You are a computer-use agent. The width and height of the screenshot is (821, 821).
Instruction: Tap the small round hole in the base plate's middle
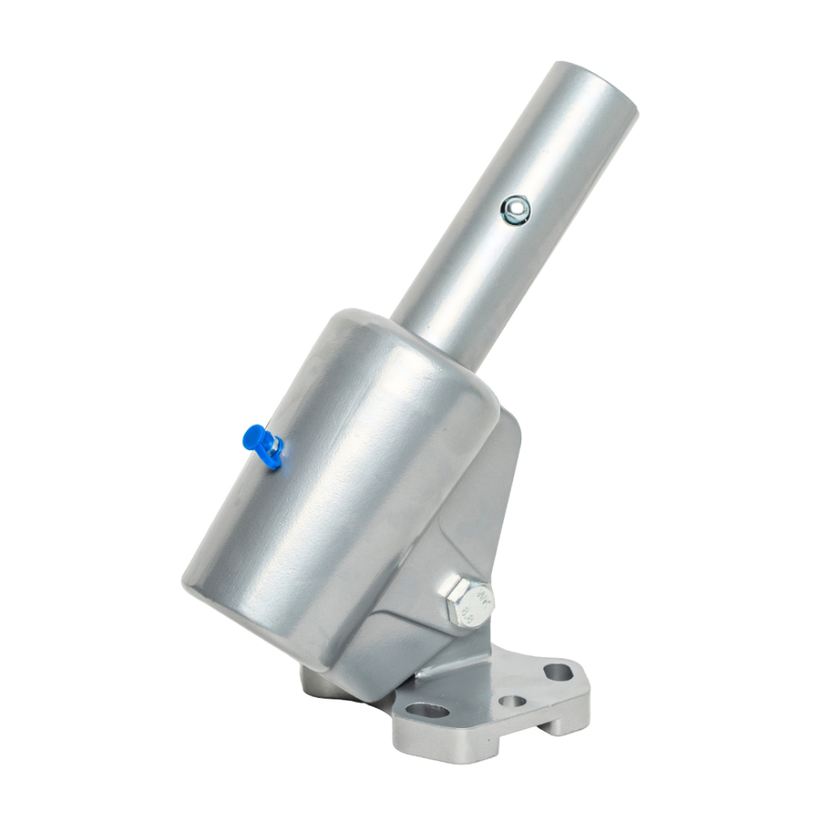pyautogui.click(x=514, y=702)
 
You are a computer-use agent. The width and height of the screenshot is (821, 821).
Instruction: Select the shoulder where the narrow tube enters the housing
pyautogui.click(x=427, y=337)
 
